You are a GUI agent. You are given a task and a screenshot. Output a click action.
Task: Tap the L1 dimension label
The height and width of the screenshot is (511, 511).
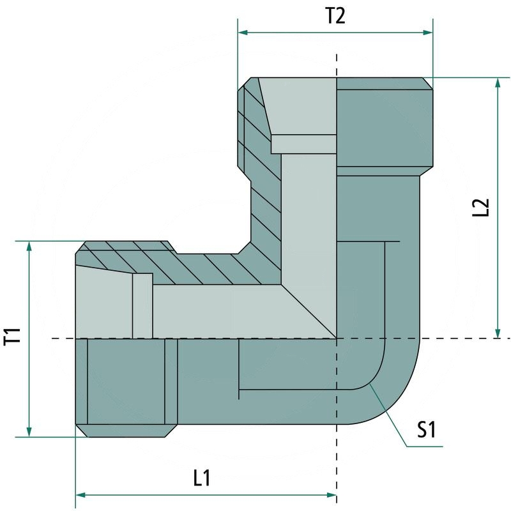(x=202, y=478)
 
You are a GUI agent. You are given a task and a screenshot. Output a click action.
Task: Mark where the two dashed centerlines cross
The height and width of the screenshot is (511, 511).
(x=337, y=338)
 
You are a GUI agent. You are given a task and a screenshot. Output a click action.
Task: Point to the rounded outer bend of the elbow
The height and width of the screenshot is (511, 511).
(x=399, y=402)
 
